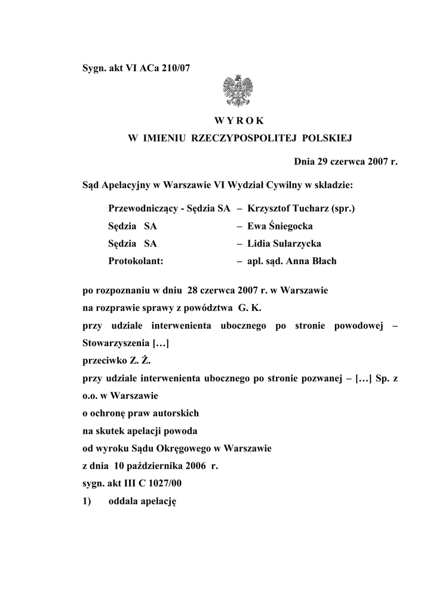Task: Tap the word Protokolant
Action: (136, 261)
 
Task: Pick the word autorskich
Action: (174, 413)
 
